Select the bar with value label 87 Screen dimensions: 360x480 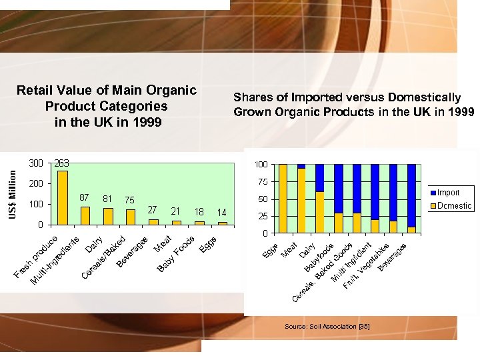coord(85,215)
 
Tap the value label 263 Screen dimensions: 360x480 coord(62,163)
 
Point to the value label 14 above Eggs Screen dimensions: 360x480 coord(222,213)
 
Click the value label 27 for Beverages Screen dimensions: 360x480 coord(153,210)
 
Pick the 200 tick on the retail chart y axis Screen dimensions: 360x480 coord(36,183)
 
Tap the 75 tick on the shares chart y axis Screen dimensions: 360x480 coord(262,182)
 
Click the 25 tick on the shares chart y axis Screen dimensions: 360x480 coord(262,217)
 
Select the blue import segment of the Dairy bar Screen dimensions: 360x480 coord(320,177)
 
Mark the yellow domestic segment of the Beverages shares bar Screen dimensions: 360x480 coord(411,229)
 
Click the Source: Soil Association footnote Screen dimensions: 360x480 coord(327,326)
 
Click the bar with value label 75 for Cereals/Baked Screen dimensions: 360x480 coord(130,217)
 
